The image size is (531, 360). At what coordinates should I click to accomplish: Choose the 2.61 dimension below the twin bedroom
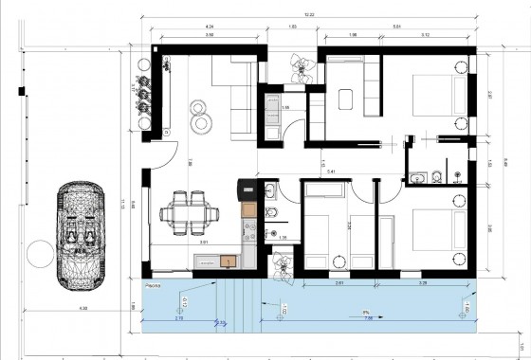pyautogui.click(x=339, y=283)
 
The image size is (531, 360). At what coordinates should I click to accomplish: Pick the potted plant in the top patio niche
pyautogui.click(x=302, y=67)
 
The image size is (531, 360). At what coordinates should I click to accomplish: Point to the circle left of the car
pyautogui.click(x=39, y=253)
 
